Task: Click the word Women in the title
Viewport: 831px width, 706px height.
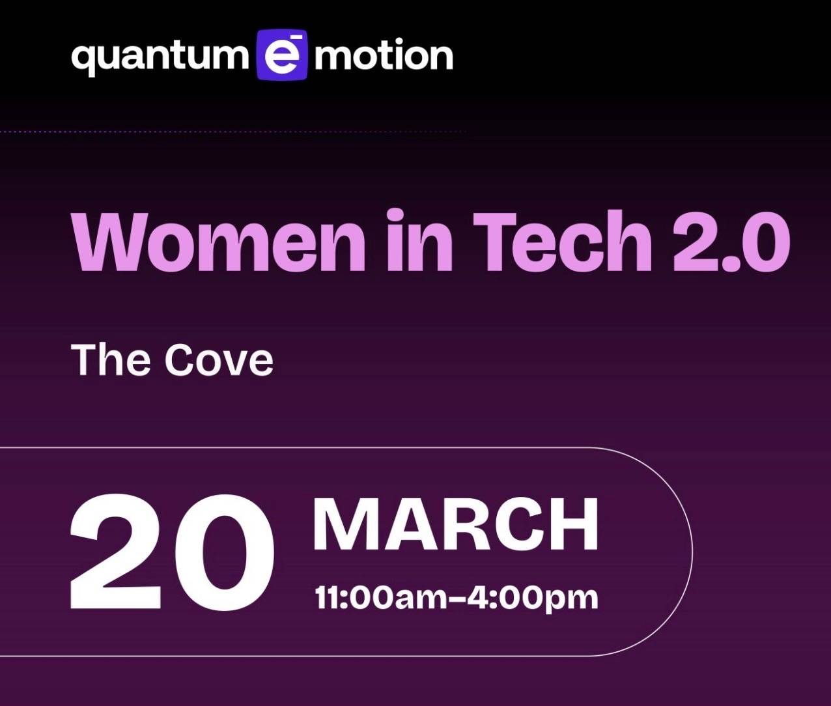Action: pos(218,242)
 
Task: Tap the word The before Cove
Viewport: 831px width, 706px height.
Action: pos(110,360)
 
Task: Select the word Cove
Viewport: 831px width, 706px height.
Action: pos(218,360)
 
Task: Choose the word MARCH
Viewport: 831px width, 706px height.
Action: pos(456,526)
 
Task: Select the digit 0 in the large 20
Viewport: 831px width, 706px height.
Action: pos(224,552)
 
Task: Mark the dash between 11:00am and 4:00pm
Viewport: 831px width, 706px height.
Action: pos(459,597)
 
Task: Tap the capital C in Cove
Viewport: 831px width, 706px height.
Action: pos(182,360)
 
